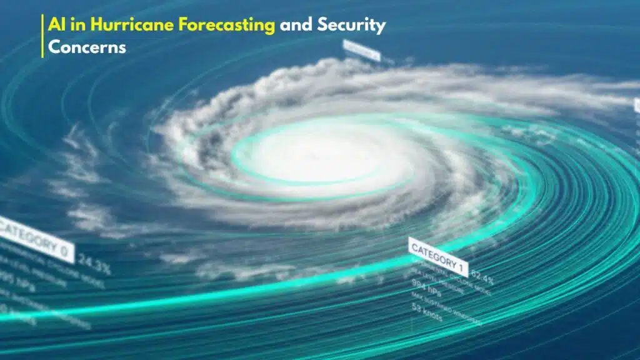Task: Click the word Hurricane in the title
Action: (x=121, y=26)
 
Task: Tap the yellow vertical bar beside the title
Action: (x=42, y=36)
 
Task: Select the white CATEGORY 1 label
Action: (x=438, y=257)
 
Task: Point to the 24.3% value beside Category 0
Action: (x=95, y=267)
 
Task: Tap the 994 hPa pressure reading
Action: (x=426, y=289)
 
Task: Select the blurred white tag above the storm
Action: (x=361, y=50)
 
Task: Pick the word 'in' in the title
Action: (x=78, y=26)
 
